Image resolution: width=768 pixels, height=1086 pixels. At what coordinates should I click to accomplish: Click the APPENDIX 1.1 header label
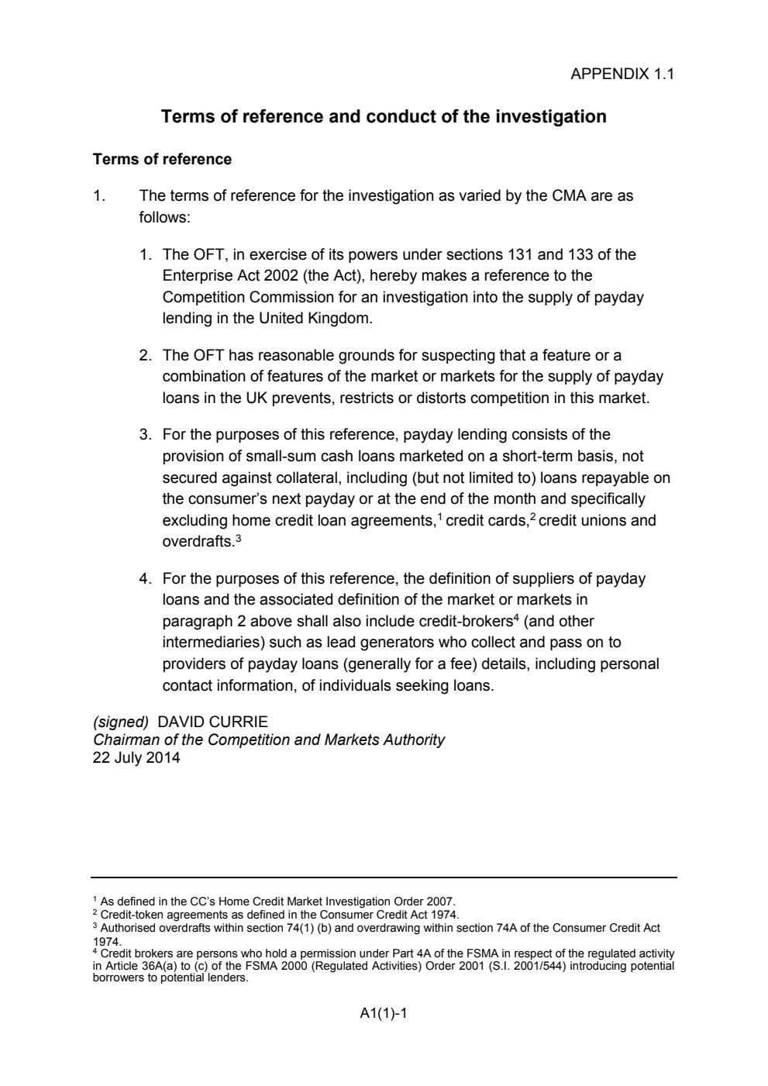pyautogui.click(x=622, y=74)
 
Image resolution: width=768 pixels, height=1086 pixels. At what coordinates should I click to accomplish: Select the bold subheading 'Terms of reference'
pyautogui.click(x=162, y=160)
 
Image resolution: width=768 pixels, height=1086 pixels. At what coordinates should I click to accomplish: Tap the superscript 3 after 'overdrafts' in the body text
pyautogui.click(x=239, y=537)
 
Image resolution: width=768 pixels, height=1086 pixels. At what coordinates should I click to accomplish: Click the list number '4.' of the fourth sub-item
pyautogui.click(x=145, y=579)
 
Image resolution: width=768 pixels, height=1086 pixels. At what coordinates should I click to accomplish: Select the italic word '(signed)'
pyautogui.click(x=121, y=722)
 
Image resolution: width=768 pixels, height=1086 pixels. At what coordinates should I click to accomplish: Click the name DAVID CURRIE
pyautogui.click(x=212, y=722)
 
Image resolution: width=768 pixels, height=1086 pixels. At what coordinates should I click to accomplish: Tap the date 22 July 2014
pyautogui.click(x=136, y=758)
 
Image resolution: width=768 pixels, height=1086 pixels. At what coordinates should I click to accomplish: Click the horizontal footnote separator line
pyautogui.click(x=384, y=877)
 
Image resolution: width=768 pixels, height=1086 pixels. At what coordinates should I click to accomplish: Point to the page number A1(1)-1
pyautogui.click(x=384, y=1012)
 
